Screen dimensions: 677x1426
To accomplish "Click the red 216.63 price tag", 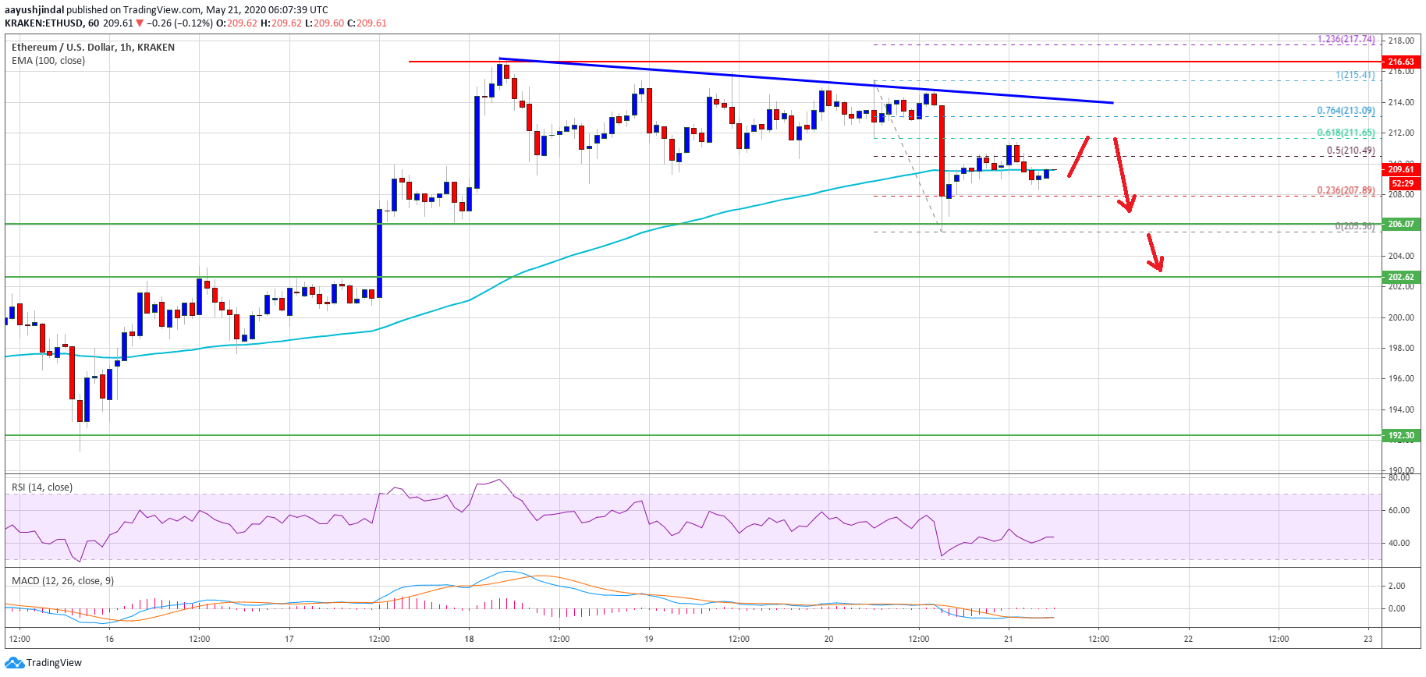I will click(x=1400, y=62).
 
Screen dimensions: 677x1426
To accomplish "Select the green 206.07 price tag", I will click(x=1400, y=224).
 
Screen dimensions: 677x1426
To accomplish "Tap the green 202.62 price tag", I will click(x=1400, y=277).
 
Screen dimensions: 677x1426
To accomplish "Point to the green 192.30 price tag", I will click(x=1400, y=435).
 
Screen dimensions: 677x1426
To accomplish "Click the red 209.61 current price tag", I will click(x=1400, y=169).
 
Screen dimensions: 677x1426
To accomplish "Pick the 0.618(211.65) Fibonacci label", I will click(x=1346, y=133).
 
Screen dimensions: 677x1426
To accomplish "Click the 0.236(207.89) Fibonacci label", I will click(x=1346, y=190).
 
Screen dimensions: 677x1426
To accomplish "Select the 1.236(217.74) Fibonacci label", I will click(x=1346, y=39).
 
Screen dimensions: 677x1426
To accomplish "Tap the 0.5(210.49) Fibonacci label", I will click(x=1350, y=151).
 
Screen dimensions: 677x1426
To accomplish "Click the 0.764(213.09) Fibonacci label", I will click(x=1346, y=111).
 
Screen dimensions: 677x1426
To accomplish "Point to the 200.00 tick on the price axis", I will click(x=1401, y=317).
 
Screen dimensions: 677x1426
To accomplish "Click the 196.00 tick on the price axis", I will click(x=1401, y=378).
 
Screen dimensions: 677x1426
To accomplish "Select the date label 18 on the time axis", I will click(x=469, y=639).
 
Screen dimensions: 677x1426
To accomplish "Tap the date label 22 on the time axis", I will click(x=1188, y=639).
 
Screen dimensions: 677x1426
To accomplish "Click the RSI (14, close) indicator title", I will click(x=42, y=487).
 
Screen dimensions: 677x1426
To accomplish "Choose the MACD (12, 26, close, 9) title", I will click(x=62, y=581).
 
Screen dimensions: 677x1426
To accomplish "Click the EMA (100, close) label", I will click(x=48, y=61).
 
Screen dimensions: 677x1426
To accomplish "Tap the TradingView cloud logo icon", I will click(x=14, y=662).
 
